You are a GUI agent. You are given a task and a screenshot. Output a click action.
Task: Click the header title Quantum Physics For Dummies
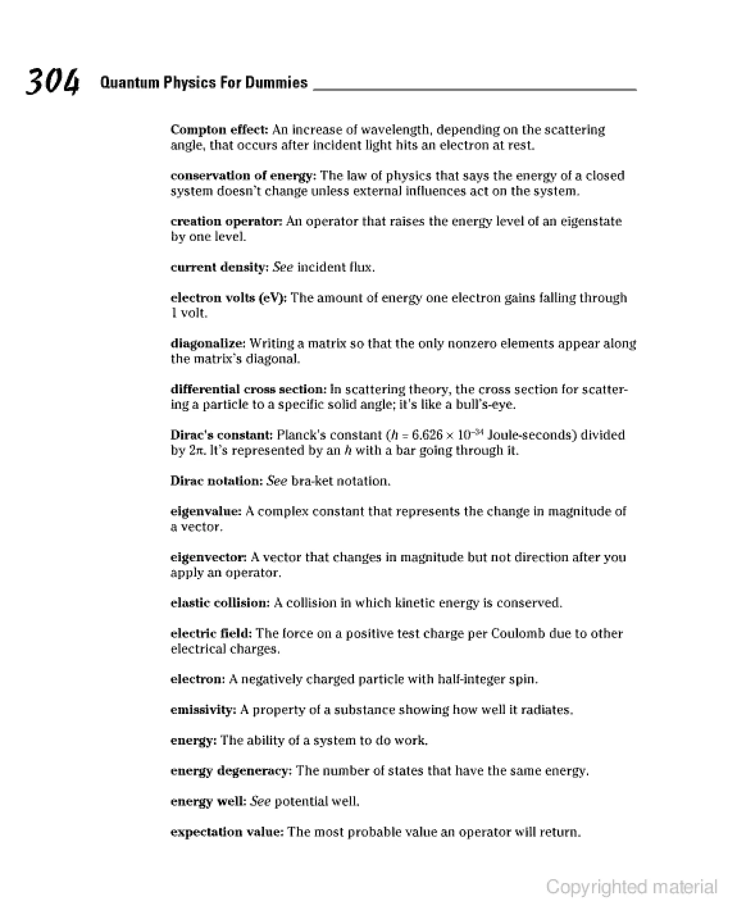coord(204,82)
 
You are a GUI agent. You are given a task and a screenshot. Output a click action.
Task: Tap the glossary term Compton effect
coord(219,130)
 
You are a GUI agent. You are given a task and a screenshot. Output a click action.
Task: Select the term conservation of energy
coord(243,176)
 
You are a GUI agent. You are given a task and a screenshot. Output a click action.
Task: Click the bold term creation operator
coord(226,222)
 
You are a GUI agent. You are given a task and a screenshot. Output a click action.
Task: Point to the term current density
coord(219,267)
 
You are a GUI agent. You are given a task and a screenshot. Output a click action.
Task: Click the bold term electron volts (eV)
coord(229,298)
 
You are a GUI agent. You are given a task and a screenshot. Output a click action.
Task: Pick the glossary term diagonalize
coord(208,344)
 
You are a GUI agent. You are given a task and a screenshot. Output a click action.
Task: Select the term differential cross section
coord(248,390)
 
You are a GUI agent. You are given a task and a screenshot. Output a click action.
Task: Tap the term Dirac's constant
coord(221,435)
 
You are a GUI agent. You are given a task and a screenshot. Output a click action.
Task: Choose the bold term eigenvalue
coord(206,512)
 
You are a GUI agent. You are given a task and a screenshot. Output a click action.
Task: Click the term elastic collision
coord(220,603)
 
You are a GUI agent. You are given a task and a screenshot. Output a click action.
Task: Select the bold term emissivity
coord(203,710)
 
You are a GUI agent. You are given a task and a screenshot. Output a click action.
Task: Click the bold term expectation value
coord(227,832)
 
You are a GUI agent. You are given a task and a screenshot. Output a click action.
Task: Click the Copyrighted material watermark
coord(631,887)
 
